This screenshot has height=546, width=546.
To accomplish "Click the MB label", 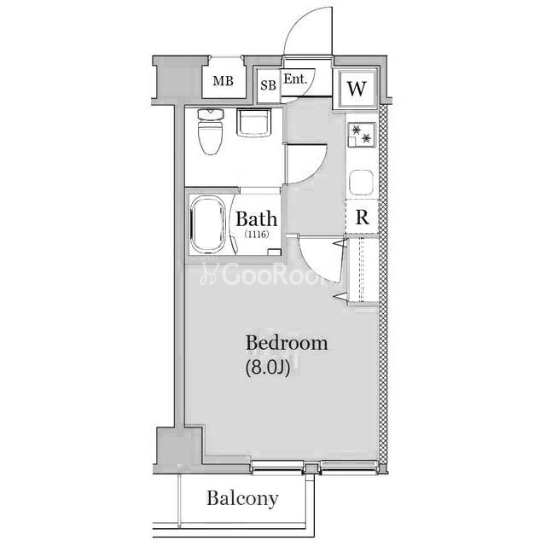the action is coord(224,81).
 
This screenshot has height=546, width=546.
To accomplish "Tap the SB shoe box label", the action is coord(268,85).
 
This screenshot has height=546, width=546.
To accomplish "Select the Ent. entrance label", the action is coord(296,79).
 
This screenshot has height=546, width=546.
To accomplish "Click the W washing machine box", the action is coord(357,89).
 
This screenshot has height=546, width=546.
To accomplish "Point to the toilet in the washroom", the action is coord(211,131).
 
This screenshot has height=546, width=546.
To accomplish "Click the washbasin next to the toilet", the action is coord(254,122).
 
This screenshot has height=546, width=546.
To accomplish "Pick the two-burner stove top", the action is coord(362,134).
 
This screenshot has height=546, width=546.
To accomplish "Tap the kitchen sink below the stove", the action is coord(362,182).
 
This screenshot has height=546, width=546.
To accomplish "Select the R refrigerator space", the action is coord(362,217).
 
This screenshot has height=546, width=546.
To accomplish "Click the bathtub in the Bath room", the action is coord(208,224).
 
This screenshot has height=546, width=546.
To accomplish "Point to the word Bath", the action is coord(257,219).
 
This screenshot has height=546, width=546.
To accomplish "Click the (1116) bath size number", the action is coord(257,234).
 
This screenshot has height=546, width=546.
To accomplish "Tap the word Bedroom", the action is coord(287,343).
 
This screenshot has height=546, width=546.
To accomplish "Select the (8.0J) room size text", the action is coord(268,368).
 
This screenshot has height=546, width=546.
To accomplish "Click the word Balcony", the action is coord(242,499).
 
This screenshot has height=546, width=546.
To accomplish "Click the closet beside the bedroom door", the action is coord(363,270).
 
